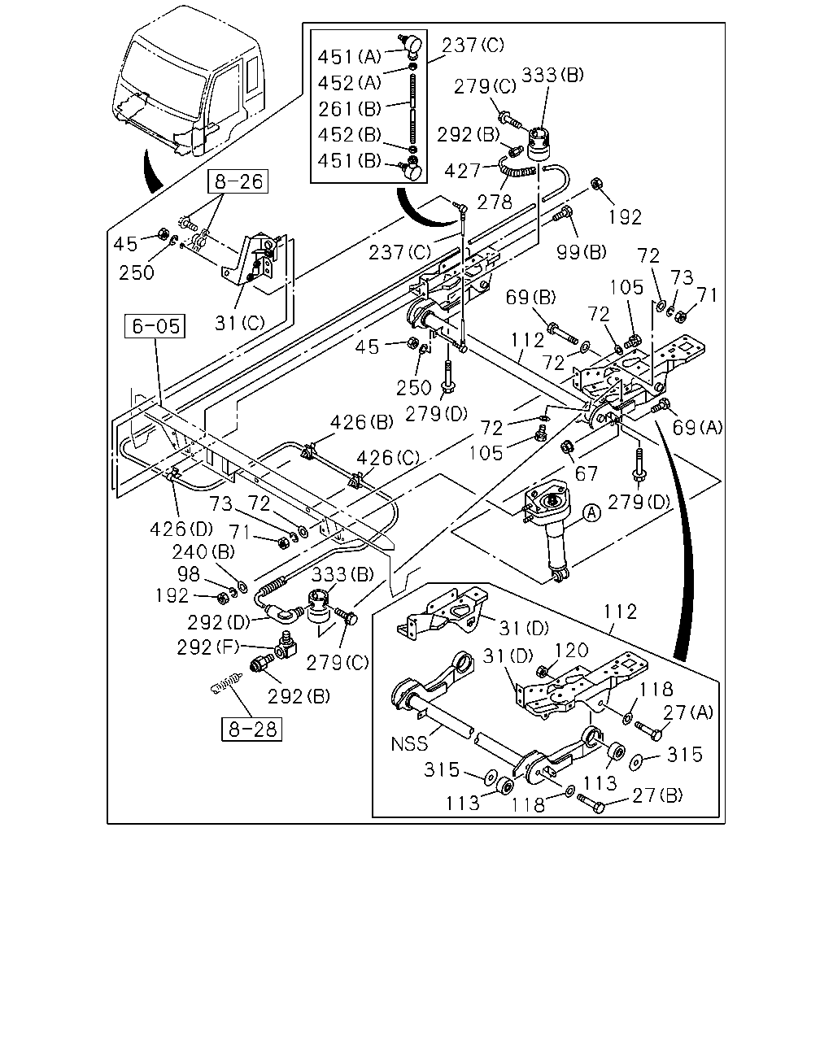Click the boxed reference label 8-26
tap(238, 181)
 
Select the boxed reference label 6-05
tap(155, 326)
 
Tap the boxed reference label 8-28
tap(251, 729)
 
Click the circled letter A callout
tap(591, 512)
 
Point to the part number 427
tap(462, 171)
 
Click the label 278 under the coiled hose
tap(495, 203)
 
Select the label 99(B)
tap(582, 252)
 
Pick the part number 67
tap(587, 473)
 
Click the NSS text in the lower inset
tap(409, 743)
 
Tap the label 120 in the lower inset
tap(571, 651)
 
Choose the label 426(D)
tap(181, 529)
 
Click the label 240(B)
tap(203, 551)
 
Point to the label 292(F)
tap(208, 647)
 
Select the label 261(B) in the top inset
tap(350, 109)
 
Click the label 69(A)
tap(697, 428)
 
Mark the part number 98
tap(188, 574)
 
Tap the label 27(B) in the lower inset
tap(657, 795)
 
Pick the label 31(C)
tap(240, 323)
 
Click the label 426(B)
tap(362, 422)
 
